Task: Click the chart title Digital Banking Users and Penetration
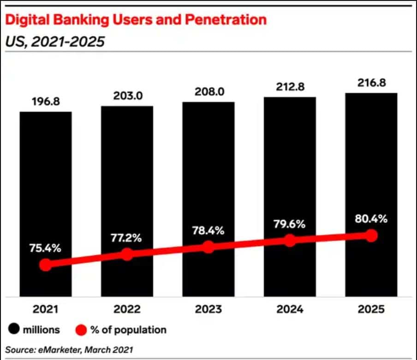pyautogui.click(x=136, y=20)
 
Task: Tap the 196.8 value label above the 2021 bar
pyautogui.click(x=45, y=101)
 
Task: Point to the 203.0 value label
pyautogui.click(x=127, y=96)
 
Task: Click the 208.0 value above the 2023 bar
pyautogui.click(x=208, y=91)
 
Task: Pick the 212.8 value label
pyautogui.click(x=290, y=87)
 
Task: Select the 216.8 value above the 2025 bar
pyautogui.click(x=371, y=83)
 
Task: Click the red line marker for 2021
pyautogui.click(x=45, y=264)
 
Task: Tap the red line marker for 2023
pyautogui.click(x=208, y=247)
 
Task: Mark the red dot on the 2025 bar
pyautogui.click(x=371, y=235)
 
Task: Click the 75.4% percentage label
pyautogui.click(x=45, y=248)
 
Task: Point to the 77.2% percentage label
pyautogui.click(x=127, y=238)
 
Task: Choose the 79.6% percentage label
pyautogui.click(x=290, y=224)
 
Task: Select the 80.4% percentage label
pyautogui.click(x=371, y=220)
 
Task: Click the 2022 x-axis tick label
pyautogui.click(x=127, y=309)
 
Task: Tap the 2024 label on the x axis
pyautogui.click(x=290, y=309)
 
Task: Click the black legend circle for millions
pyautogui.click(x=14, y=330)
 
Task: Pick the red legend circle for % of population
pyautogui.click(x=81, y=330)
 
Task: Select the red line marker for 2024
pyautogui.click(x=290, y=240)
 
